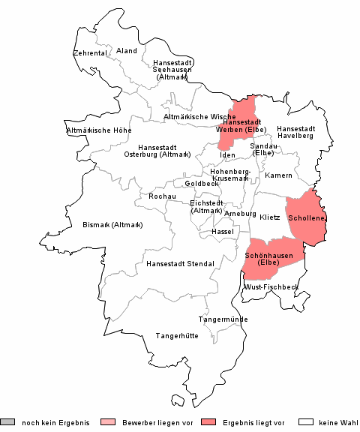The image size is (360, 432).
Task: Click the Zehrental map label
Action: [89, 53]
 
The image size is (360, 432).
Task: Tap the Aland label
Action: [127, 51]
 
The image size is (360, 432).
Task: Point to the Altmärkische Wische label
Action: [199, 117]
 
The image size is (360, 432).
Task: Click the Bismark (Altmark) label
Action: [112, 224]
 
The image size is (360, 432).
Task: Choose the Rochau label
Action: [162, 196]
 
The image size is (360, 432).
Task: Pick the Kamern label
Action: [279, 175]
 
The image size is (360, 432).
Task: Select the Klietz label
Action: [269, 217]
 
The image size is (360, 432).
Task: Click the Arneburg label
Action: [240, 214]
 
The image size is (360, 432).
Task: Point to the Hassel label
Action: [223, 232]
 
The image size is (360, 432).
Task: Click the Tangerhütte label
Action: [176, 335]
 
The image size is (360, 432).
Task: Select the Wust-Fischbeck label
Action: [271, 287]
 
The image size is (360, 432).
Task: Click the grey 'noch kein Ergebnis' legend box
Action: [7, 422]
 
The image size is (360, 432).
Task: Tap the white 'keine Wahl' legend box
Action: [305, 422]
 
